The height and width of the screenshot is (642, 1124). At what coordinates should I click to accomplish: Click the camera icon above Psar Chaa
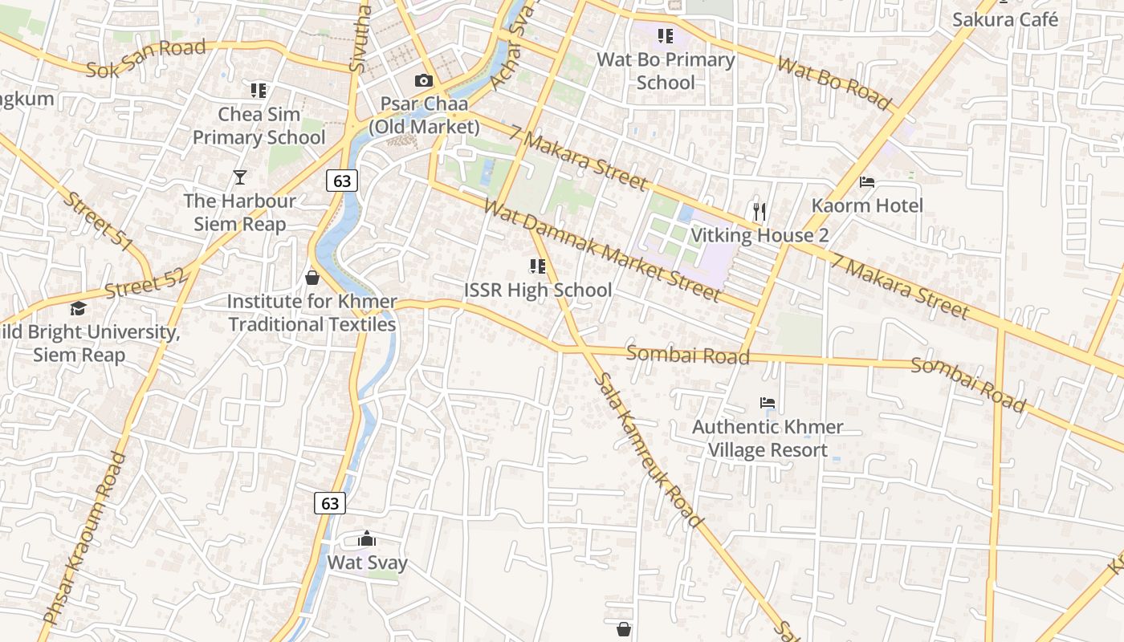[423, 80]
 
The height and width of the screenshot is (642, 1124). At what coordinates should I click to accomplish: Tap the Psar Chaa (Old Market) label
[424, 116]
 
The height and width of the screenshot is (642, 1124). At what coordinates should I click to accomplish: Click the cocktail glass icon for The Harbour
[239, 177]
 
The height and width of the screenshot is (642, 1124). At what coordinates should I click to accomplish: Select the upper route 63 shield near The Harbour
[342, 181]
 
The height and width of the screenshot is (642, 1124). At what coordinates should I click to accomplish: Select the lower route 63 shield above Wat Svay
[329, 503]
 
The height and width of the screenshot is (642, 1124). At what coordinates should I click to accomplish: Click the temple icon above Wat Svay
[367, 538]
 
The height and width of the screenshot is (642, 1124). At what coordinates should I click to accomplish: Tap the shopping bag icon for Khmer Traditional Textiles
[312, 278]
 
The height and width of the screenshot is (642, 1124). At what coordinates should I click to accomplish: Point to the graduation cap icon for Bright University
[78, 308]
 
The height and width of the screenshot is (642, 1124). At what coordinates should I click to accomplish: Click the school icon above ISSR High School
[537, 266]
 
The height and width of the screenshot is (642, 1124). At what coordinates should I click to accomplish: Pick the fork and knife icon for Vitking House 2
[760, 212]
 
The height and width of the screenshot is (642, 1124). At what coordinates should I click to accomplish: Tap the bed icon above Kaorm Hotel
[867, 182]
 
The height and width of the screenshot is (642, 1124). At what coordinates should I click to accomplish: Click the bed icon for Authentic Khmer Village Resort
[768, 403]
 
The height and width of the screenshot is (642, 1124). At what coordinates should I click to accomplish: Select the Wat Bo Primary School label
[666, 71]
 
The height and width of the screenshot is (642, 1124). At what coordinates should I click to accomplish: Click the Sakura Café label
[1005, 19]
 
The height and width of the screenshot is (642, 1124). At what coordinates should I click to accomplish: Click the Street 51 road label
[97, 221]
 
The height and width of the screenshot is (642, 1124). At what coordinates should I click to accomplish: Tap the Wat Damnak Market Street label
[602, 251]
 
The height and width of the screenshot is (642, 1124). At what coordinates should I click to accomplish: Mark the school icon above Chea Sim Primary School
[258, 90]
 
